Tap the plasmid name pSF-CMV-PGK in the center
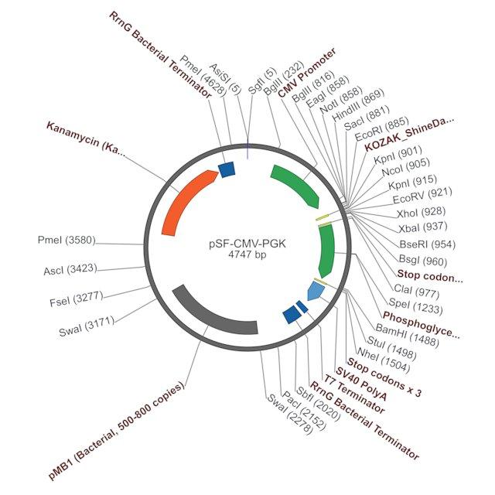[247, 244]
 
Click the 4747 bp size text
[247, 254]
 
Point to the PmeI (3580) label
[67, 240]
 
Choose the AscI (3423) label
[70, 269]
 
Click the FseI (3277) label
[77, 299]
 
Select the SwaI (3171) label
[87, 326]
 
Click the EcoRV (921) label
[422, 196]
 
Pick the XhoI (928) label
[421, 213]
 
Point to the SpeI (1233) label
[415, 306]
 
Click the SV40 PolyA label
[361, 384]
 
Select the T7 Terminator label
[353, 394]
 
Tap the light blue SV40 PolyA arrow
[316, 291]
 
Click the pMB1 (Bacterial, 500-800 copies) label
[117, 431]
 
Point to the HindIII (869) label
[358, 105]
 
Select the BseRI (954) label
[428, 244]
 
